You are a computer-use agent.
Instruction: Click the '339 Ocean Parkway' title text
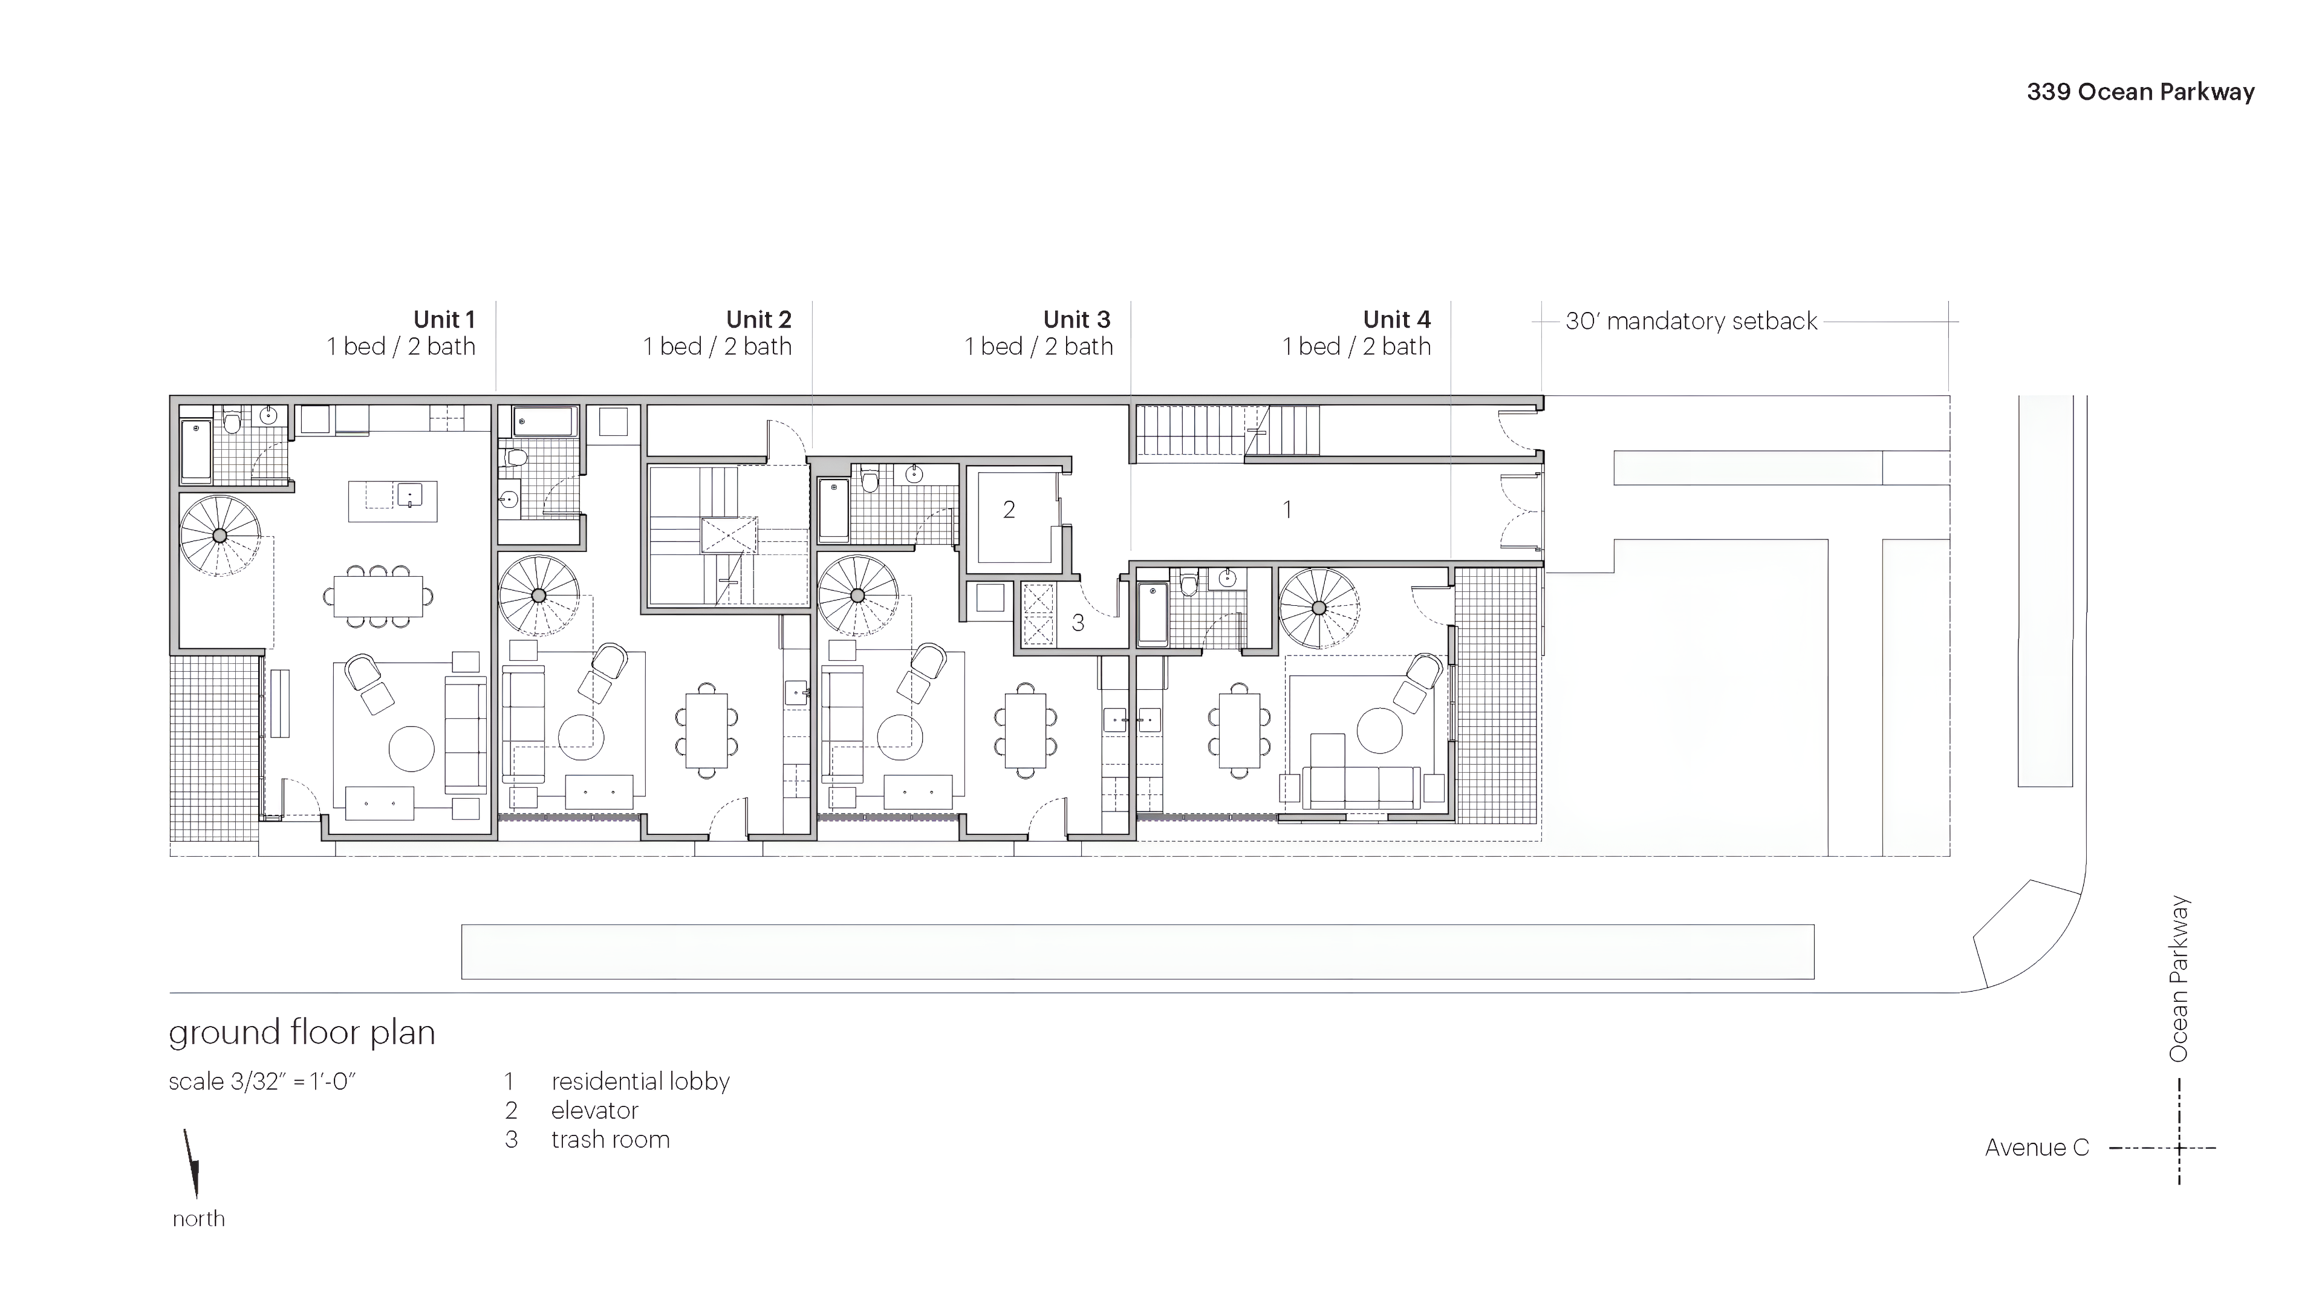pos(2140,92)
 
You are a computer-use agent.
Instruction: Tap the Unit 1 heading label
pos(443,320)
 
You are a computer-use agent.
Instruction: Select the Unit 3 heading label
pos(1076,320)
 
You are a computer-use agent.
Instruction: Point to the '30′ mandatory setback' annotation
pos(1691,322)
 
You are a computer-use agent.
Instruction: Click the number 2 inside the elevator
pos(1009,510)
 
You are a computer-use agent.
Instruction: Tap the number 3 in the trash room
pos(1077,623)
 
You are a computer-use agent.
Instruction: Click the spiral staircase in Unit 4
pos(1319,608)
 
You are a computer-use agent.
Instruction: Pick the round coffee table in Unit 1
pos(411,748)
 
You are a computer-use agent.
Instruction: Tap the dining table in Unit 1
pos(378,596)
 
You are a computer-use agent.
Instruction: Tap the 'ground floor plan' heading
pos(302,1033)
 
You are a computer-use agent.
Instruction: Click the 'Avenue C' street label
pos(2036,1148)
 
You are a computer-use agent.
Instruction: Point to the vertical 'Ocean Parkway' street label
pos(2179,979)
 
